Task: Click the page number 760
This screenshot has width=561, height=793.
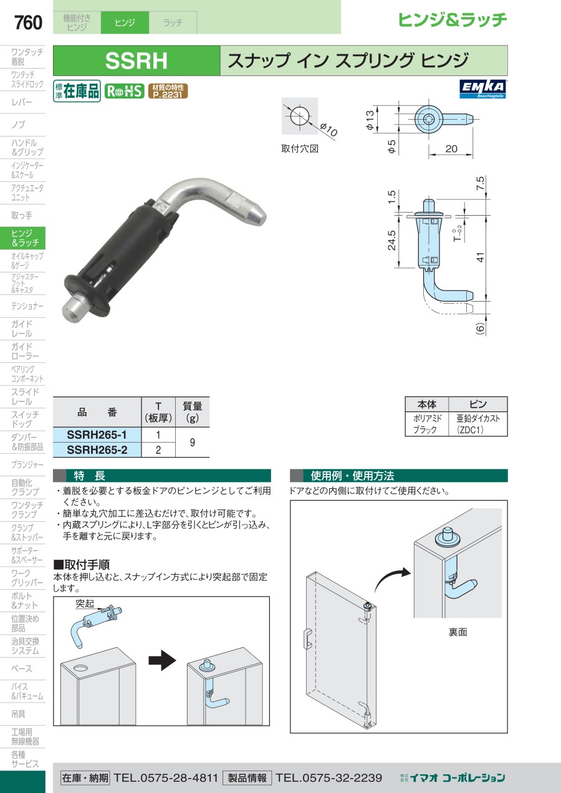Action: tap(28, 23)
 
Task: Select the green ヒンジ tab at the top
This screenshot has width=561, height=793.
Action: tap(125, 22)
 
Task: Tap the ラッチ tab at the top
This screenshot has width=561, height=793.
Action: tap(173, 22)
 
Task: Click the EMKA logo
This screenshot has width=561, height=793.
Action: tap(483, 89)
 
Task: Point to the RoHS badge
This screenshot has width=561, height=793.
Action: tap(125, 91)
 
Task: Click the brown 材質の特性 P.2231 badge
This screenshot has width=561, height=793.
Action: tap(168, 91)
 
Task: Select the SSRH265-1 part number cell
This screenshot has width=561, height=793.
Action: tap(97, 435)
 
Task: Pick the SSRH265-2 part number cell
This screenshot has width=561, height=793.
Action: tap(97, 449)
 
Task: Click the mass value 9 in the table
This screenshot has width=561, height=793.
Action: tap(192, 442)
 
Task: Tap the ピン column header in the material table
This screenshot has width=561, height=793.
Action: tap(478, 404)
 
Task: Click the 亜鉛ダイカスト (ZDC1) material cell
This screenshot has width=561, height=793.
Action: tap(478, 424)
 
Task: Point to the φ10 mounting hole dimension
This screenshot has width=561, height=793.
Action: tap(328, 130)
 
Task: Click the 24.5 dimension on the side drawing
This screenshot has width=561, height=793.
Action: tap(391, 241)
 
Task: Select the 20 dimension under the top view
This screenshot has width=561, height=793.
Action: tap(451, 148)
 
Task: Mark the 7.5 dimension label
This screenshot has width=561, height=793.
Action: tap(480, 183)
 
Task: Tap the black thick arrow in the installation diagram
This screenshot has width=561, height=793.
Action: tap(162, 660)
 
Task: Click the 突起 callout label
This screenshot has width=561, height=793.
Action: tap(85, 603)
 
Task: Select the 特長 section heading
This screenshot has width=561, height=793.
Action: tap(89, 476)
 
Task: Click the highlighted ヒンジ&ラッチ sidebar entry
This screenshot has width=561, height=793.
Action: tap(22, 238)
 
